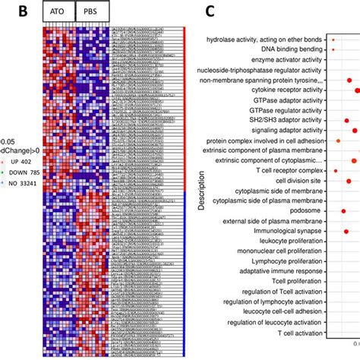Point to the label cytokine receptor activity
[x=281, y=90]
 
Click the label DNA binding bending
[x=290, y=50]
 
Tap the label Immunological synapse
[x=283, y=230]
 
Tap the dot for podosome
[x=343, y=210]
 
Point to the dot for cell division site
[x=349, y=181]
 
